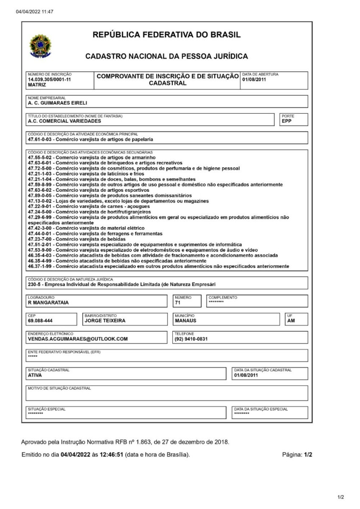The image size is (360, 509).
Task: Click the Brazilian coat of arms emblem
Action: tap(40, 46)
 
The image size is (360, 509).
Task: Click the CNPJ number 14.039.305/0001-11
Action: tap(49, 79)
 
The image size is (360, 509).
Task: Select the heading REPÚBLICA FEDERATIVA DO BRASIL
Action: tap(166, 35)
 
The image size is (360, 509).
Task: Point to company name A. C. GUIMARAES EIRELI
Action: tap(57, 103)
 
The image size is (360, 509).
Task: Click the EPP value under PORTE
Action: tap(287, 121)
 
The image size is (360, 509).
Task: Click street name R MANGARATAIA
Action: tap(48, 302)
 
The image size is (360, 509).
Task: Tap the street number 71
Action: tap(177, 303)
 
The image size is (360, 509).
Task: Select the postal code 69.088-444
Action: tap(40, 321)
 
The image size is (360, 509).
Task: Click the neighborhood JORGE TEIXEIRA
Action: tap(105, 321)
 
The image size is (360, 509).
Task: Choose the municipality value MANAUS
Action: tap(185, 321)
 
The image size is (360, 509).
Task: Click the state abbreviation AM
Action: tap(291, 321)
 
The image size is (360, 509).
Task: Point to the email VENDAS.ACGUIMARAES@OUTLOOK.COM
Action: tap(78, 339)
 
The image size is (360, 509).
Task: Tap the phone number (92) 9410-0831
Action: tap(191, 339)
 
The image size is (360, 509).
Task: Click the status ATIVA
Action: tap(35, 375)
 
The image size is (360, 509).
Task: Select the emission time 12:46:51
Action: tap(111, 454)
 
